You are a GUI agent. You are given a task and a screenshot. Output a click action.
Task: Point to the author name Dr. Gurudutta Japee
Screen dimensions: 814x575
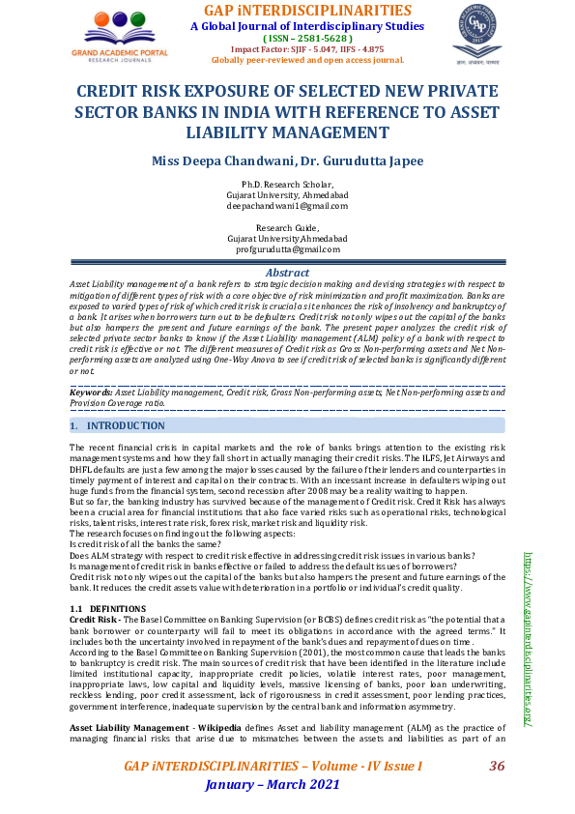(x=350, y=160)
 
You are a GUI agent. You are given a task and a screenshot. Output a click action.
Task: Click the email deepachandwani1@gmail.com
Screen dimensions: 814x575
(x=287, y=206)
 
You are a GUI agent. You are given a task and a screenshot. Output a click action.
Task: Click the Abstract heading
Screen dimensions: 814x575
(x=287, y=274)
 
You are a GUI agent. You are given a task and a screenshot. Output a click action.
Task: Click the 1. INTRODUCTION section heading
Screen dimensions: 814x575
(x=120, y=425)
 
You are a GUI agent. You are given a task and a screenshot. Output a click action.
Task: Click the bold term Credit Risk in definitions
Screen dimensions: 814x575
(x=94, y=617)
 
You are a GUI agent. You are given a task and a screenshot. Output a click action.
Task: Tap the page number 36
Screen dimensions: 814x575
(x=498, y=767)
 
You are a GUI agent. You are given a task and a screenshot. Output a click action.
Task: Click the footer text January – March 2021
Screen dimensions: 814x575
(x=273, y=784)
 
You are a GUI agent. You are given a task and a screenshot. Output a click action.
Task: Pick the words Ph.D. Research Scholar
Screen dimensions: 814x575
(x=287, y=185)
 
